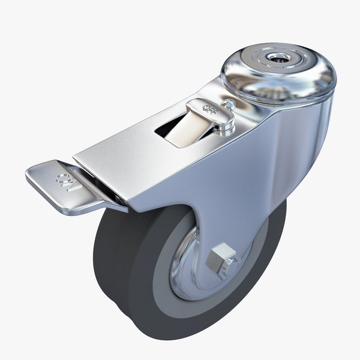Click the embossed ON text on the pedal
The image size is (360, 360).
click(63, 181)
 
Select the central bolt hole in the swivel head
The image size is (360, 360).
click(278, 58)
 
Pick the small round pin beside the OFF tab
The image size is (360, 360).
click(229, 104)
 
